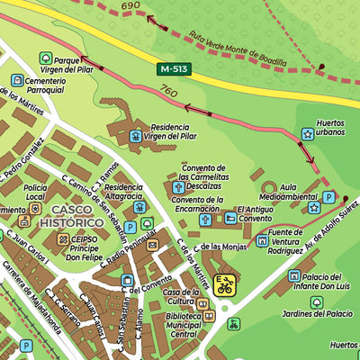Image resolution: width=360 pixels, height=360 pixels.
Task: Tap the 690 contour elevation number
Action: coord(131,6)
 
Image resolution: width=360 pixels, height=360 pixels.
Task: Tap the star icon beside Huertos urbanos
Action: coord(309,134)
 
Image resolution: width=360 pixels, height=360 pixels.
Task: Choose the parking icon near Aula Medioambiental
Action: coord(329,197)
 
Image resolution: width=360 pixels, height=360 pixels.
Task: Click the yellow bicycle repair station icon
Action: coord(224,286)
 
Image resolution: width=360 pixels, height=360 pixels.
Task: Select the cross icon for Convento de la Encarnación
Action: coord(204,219)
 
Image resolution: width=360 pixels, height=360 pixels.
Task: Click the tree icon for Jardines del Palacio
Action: coord(317,301)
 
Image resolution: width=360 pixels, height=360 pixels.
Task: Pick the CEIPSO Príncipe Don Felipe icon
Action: coord(63,240)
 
